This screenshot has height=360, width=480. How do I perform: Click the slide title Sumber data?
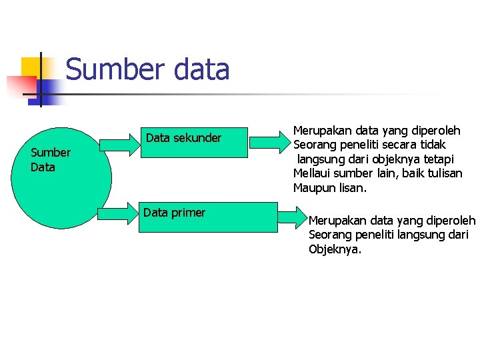[x=147, y=69]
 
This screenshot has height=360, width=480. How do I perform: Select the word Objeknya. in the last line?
[x=335, y=250]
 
